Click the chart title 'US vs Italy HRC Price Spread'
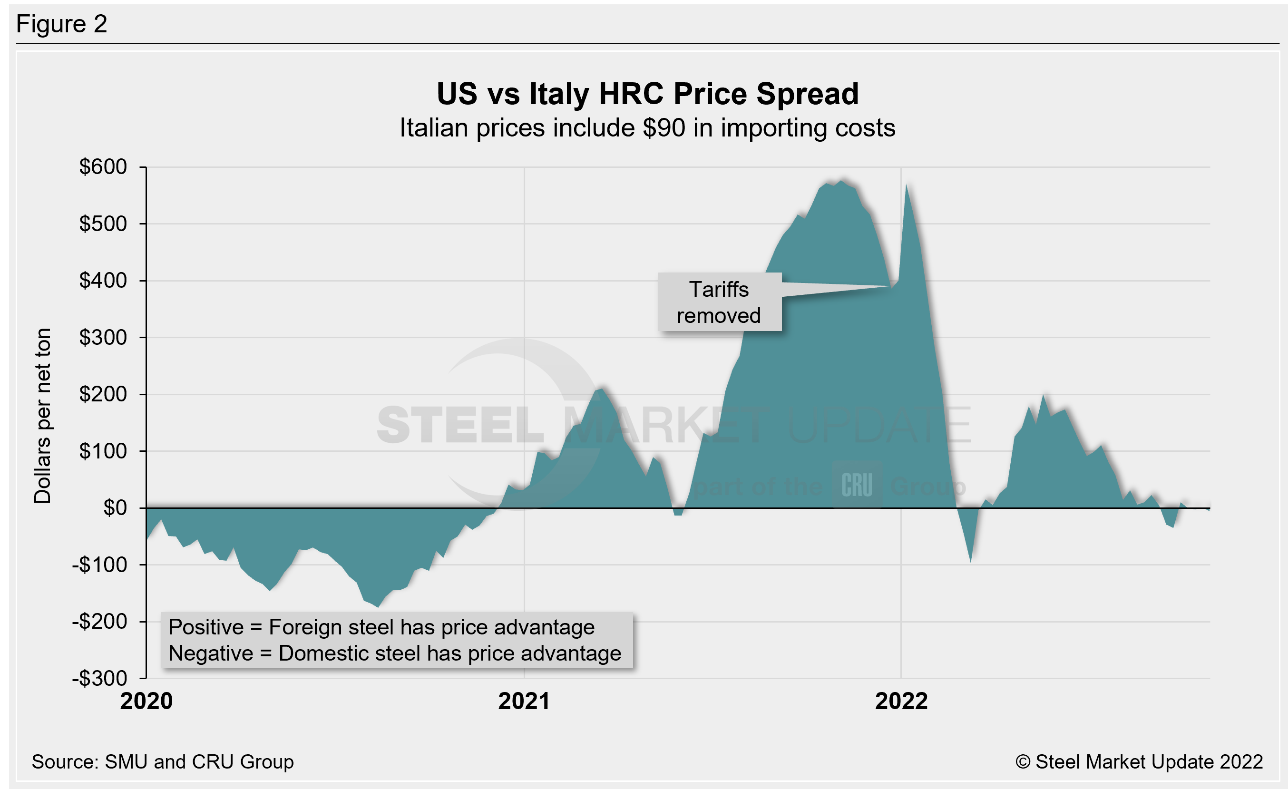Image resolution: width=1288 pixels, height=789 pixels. tap(647, 94)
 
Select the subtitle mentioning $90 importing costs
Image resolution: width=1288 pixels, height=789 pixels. tap(647, 128)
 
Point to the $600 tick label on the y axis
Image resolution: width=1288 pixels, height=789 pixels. tap(103, 167)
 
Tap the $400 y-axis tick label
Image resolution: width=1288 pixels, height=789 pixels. tap(103, 281)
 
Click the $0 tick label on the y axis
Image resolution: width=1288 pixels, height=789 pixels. tap(115, 508)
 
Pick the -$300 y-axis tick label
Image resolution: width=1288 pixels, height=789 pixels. tap(100, 678)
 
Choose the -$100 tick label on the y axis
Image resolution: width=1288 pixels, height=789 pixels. tap(100, 565)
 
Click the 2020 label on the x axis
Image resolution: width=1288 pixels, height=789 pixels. tap(146, 701)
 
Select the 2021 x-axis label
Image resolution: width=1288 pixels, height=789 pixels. tap(524, 701)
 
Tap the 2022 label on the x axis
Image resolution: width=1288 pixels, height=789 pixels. tap(901, 701)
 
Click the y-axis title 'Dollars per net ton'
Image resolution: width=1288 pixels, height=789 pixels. tap(43, 415)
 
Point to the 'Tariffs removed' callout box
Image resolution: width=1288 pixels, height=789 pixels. tap(719, 302)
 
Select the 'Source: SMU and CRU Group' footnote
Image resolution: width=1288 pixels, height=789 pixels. tap(163, 762)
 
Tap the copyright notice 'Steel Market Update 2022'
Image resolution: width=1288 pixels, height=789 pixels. tap(1139, 762)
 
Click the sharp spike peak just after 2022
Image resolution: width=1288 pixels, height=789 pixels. tap(907, 185)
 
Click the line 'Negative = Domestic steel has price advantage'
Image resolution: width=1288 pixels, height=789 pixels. tap(395, 653)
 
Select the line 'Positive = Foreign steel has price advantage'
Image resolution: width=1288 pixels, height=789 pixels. tap(381, 627)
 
